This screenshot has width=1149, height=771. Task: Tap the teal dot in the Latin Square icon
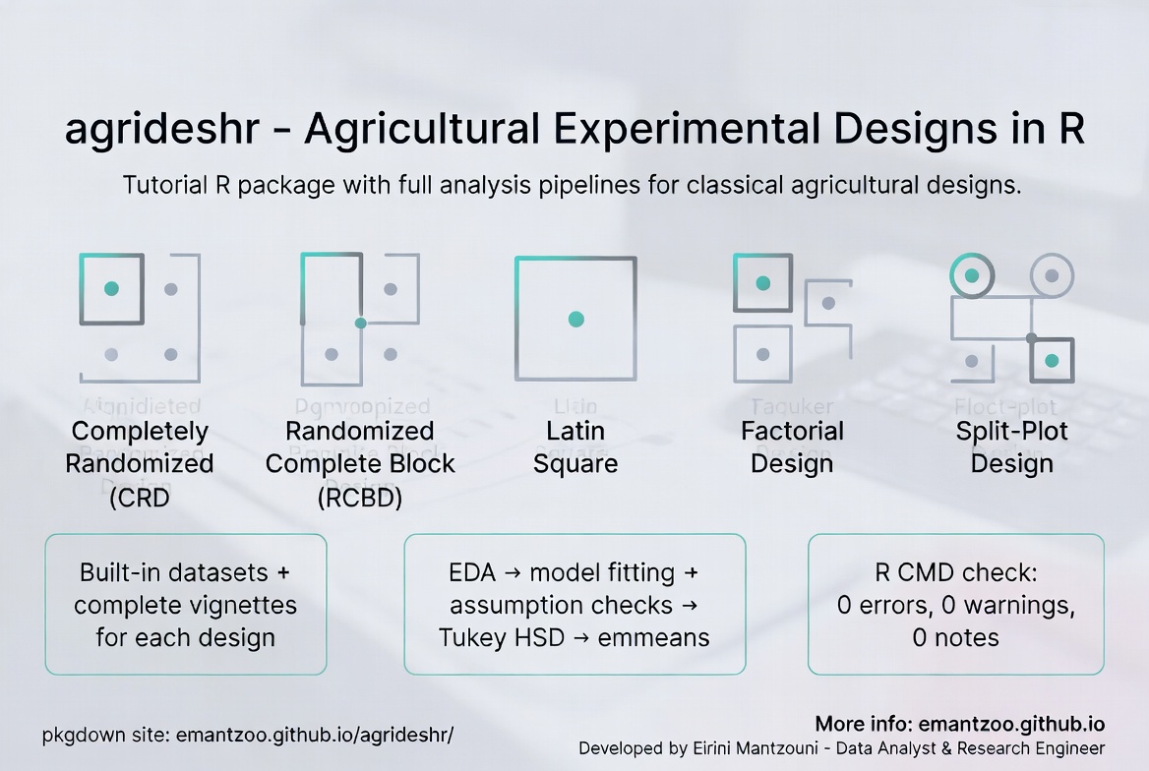(576, 319)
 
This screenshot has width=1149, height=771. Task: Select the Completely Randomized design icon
(140, 318)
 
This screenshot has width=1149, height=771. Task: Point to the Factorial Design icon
(792, 318)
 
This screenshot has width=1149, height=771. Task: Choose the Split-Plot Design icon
(1012, 318)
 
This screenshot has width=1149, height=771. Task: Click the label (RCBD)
(360, 498)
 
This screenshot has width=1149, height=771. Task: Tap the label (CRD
(140, 498)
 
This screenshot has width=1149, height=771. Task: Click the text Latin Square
(576, 446)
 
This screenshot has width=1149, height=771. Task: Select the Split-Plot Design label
(1012, 446)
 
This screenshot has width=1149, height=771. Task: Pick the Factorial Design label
(792, 446)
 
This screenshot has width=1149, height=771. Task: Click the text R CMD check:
(956, 572)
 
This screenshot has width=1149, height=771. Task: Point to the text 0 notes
(956, 637)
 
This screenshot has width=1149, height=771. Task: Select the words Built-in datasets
(174, 572)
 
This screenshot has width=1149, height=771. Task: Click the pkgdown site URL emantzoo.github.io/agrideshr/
(315, 735)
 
